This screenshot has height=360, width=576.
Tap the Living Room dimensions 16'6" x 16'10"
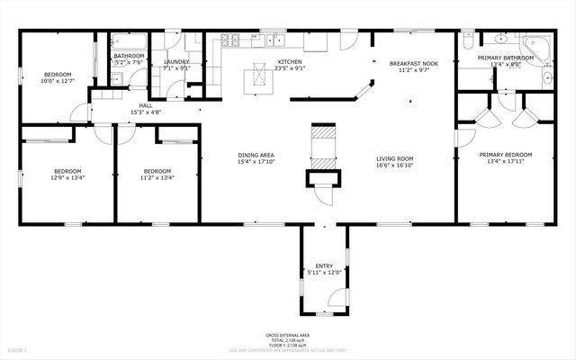coord(394,166)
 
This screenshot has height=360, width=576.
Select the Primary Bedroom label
coord(505,154)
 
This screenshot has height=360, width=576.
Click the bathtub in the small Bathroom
coord(125,40)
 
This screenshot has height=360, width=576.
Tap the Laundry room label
coord(175,62)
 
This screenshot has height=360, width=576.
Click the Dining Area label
coord(256,154)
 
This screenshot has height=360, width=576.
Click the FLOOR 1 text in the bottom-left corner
coord(18,348)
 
